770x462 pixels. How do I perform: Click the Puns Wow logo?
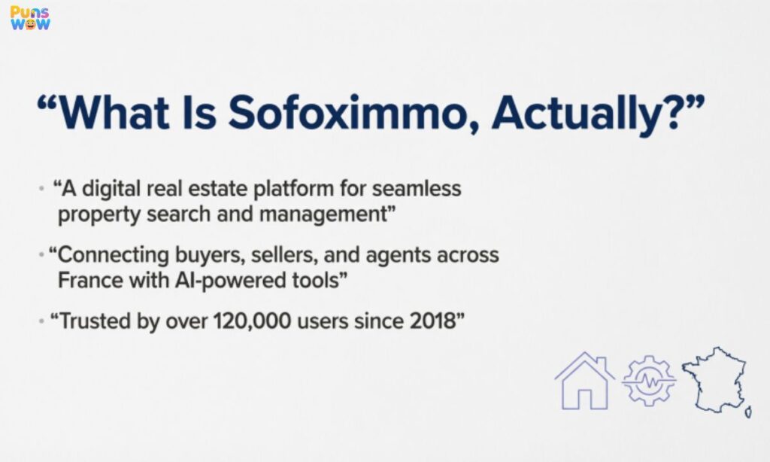[30, 18]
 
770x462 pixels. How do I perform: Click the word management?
[323, 214]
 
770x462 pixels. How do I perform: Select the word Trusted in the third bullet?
[92, 321]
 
